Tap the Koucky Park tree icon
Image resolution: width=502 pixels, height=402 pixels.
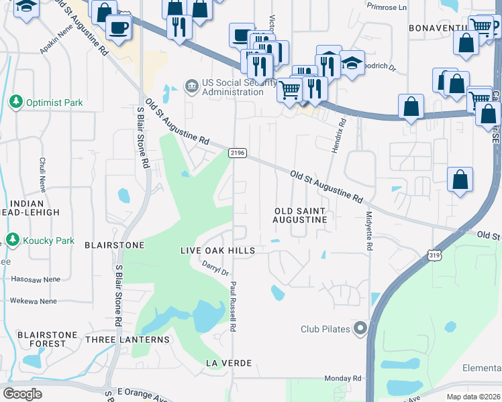tap(11, 239)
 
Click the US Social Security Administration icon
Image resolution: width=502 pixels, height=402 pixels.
tap(192, 86)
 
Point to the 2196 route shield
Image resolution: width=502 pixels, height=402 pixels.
tap(238, 153)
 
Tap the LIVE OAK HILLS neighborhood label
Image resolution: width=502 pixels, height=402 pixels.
tap(217, 250)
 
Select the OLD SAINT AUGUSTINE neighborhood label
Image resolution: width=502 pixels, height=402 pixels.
tap(300, 215)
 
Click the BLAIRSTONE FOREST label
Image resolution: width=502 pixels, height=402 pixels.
tap(42, 339)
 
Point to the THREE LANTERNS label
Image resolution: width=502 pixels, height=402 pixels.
tap(128, 340)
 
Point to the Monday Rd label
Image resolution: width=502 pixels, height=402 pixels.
tap(342, 379)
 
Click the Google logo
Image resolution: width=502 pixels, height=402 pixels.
tap(22, 393)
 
